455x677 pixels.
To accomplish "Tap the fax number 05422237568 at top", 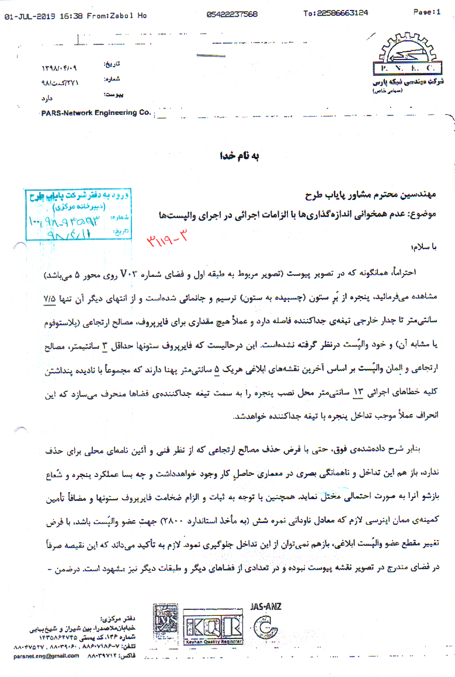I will (x=232, y=14).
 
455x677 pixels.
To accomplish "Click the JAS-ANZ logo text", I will (x=265, y=606).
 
